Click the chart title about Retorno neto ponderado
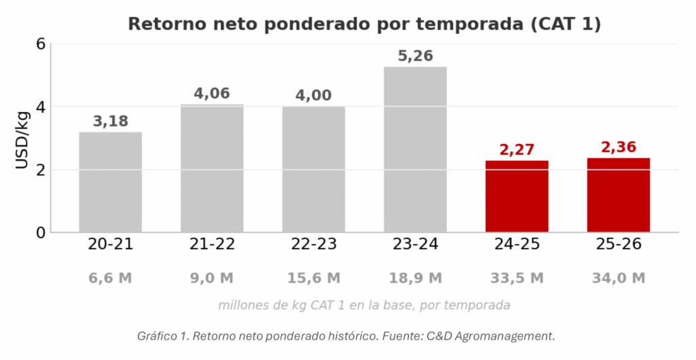(x=364, y=24)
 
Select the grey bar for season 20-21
(x=111, y=182)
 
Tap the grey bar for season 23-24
(x=415, y=149)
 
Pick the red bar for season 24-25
(x=517, y=196)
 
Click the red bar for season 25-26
(x=619, y=195)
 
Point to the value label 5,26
(x=415, y=56)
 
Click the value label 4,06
(x=212, y=94)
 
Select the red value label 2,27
(x=517, y=150)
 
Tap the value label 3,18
(x=111, y=121)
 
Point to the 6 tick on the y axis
(x=41, y=44)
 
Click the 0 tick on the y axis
(x=41, y=233)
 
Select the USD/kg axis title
(x=22, y=141)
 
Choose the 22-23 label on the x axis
(x=314, y=245)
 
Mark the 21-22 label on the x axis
(x=212, y=245)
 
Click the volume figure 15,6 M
(x=314, y=278)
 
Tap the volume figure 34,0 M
(x=619, y=278)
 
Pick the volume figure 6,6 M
(x=111, y=278)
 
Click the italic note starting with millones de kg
(x=364, y=306)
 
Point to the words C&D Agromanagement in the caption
(x=491, y=336)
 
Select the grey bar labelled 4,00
(x=314, y=169)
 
